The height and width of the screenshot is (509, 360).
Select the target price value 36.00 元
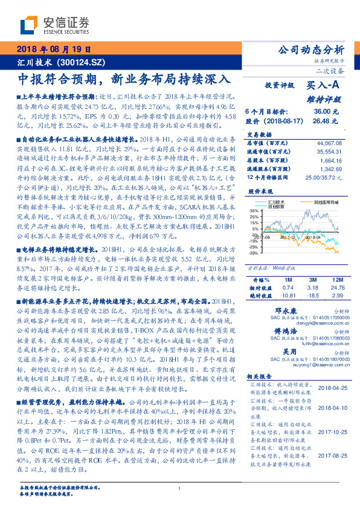point(321,112)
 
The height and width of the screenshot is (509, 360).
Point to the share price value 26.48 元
point(321,122)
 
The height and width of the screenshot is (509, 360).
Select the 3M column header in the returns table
point(313,280)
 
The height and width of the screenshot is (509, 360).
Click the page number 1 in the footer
point(179,488)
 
